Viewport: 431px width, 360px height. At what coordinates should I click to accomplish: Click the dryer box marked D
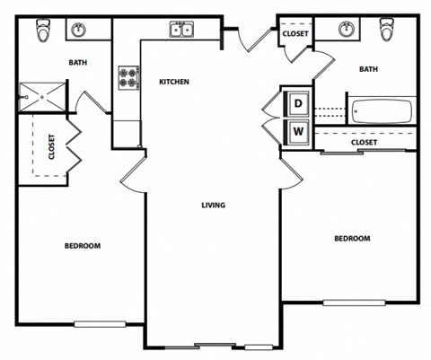(x=298, y=103)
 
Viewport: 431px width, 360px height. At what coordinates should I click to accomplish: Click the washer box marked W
(x=298, y=132)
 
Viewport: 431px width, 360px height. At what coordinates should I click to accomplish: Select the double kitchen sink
(x=182, y=31)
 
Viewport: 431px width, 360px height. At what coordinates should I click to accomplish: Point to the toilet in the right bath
(x=388, y=29)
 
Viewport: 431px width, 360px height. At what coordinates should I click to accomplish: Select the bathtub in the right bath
(x=383, y=112)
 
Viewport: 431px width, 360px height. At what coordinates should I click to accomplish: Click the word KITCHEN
(x=174, y=82)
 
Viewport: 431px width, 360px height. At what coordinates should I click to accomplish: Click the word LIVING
(x=213, y=205)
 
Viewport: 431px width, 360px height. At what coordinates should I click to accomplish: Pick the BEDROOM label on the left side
(x=82, y=245)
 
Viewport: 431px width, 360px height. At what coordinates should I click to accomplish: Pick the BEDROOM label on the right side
(x=352, y=238)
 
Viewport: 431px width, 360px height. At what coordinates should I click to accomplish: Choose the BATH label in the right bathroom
(x=368, y=68)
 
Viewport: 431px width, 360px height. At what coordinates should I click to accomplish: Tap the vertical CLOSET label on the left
(x=50, y=147)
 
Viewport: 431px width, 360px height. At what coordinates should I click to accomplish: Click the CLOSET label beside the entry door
(x=295, y=34)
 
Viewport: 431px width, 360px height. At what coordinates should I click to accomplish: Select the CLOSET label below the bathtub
(x=364, y=142)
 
